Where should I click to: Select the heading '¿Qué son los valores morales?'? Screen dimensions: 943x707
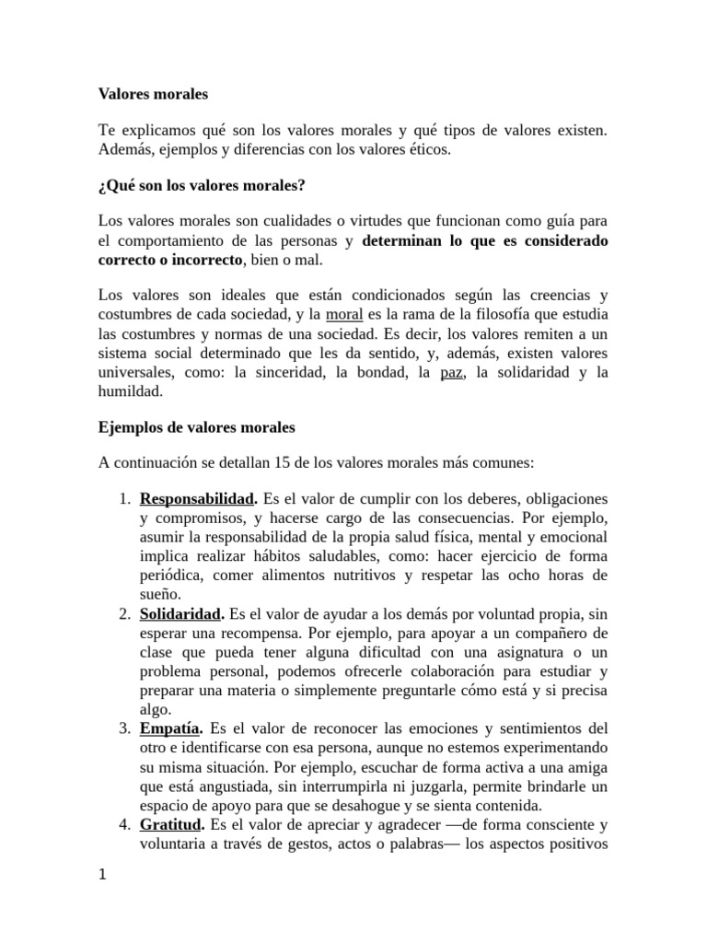(x=202, y=186)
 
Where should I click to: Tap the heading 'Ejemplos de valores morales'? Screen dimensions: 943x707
(x=196, y=428)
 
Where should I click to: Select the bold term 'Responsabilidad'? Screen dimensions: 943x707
(x=197, y=498)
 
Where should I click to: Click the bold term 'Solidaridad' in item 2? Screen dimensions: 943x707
(x=180, y=613)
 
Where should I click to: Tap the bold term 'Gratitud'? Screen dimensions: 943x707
(x=170, y=805)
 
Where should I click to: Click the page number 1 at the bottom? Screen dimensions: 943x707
(x=103, y=875)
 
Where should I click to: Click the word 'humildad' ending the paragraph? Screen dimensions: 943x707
(x=131, y=391)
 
